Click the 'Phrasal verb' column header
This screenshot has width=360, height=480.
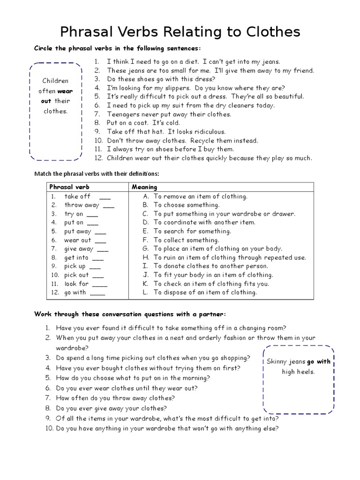coord(69,187)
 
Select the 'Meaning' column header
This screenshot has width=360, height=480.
coord(144,187)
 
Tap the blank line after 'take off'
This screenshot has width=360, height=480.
coord(105,197)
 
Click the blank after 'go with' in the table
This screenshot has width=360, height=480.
coord(97,292)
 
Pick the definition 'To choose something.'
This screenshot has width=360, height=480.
coord(186,205)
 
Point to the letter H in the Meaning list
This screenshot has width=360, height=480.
coord(146,257)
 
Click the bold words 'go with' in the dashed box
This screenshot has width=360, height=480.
coord(318,361)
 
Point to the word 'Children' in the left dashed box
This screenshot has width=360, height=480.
coord(55,81)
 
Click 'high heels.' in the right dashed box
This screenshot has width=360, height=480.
coord(298,372)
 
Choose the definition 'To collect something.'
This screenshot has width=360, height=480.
coord(186,240)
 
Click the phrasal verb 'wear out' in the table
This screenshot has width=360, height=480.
coord(77,240)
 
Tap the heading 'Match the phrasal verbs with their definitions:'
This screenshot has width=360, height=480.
coord(97,174)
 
